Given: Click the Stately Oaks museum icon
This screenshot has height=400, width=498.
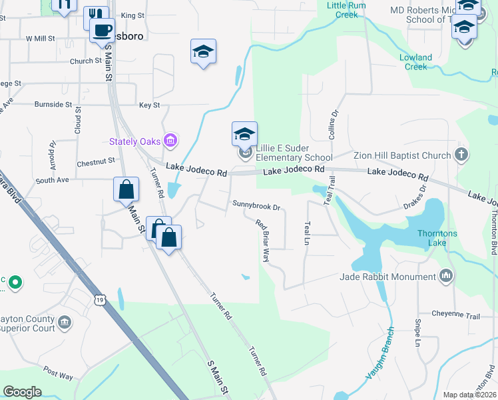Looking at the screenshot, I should [x=171, y=140].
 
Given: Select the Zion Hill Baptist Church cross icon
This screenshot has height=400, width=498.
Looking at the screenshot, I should [x=460, y=155].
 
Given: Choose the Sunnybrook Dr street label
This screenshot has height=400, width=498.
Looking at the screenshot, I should [x=256, y=204].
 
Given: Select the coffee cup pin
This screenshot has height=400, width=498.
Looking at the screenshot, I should [x=103, y=31].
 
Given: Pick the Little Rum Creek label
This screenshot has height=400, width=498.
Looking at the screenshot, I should [x=347, y=9].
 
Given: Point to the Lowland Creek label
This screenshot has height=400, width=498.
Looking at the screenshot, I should [x=416, y=62].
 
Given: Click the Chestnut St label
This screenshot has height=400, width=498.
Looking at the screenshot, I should [x=96, y=162].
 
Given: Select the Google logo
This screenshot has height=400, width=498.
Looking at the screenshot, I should [x=22, y=391].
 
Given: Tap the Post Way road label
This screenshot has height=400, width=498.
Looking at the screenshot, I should [x=58, y=372].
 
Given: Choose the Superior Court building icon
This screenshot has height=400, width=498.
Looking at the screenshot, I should [x=65, y=323].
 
